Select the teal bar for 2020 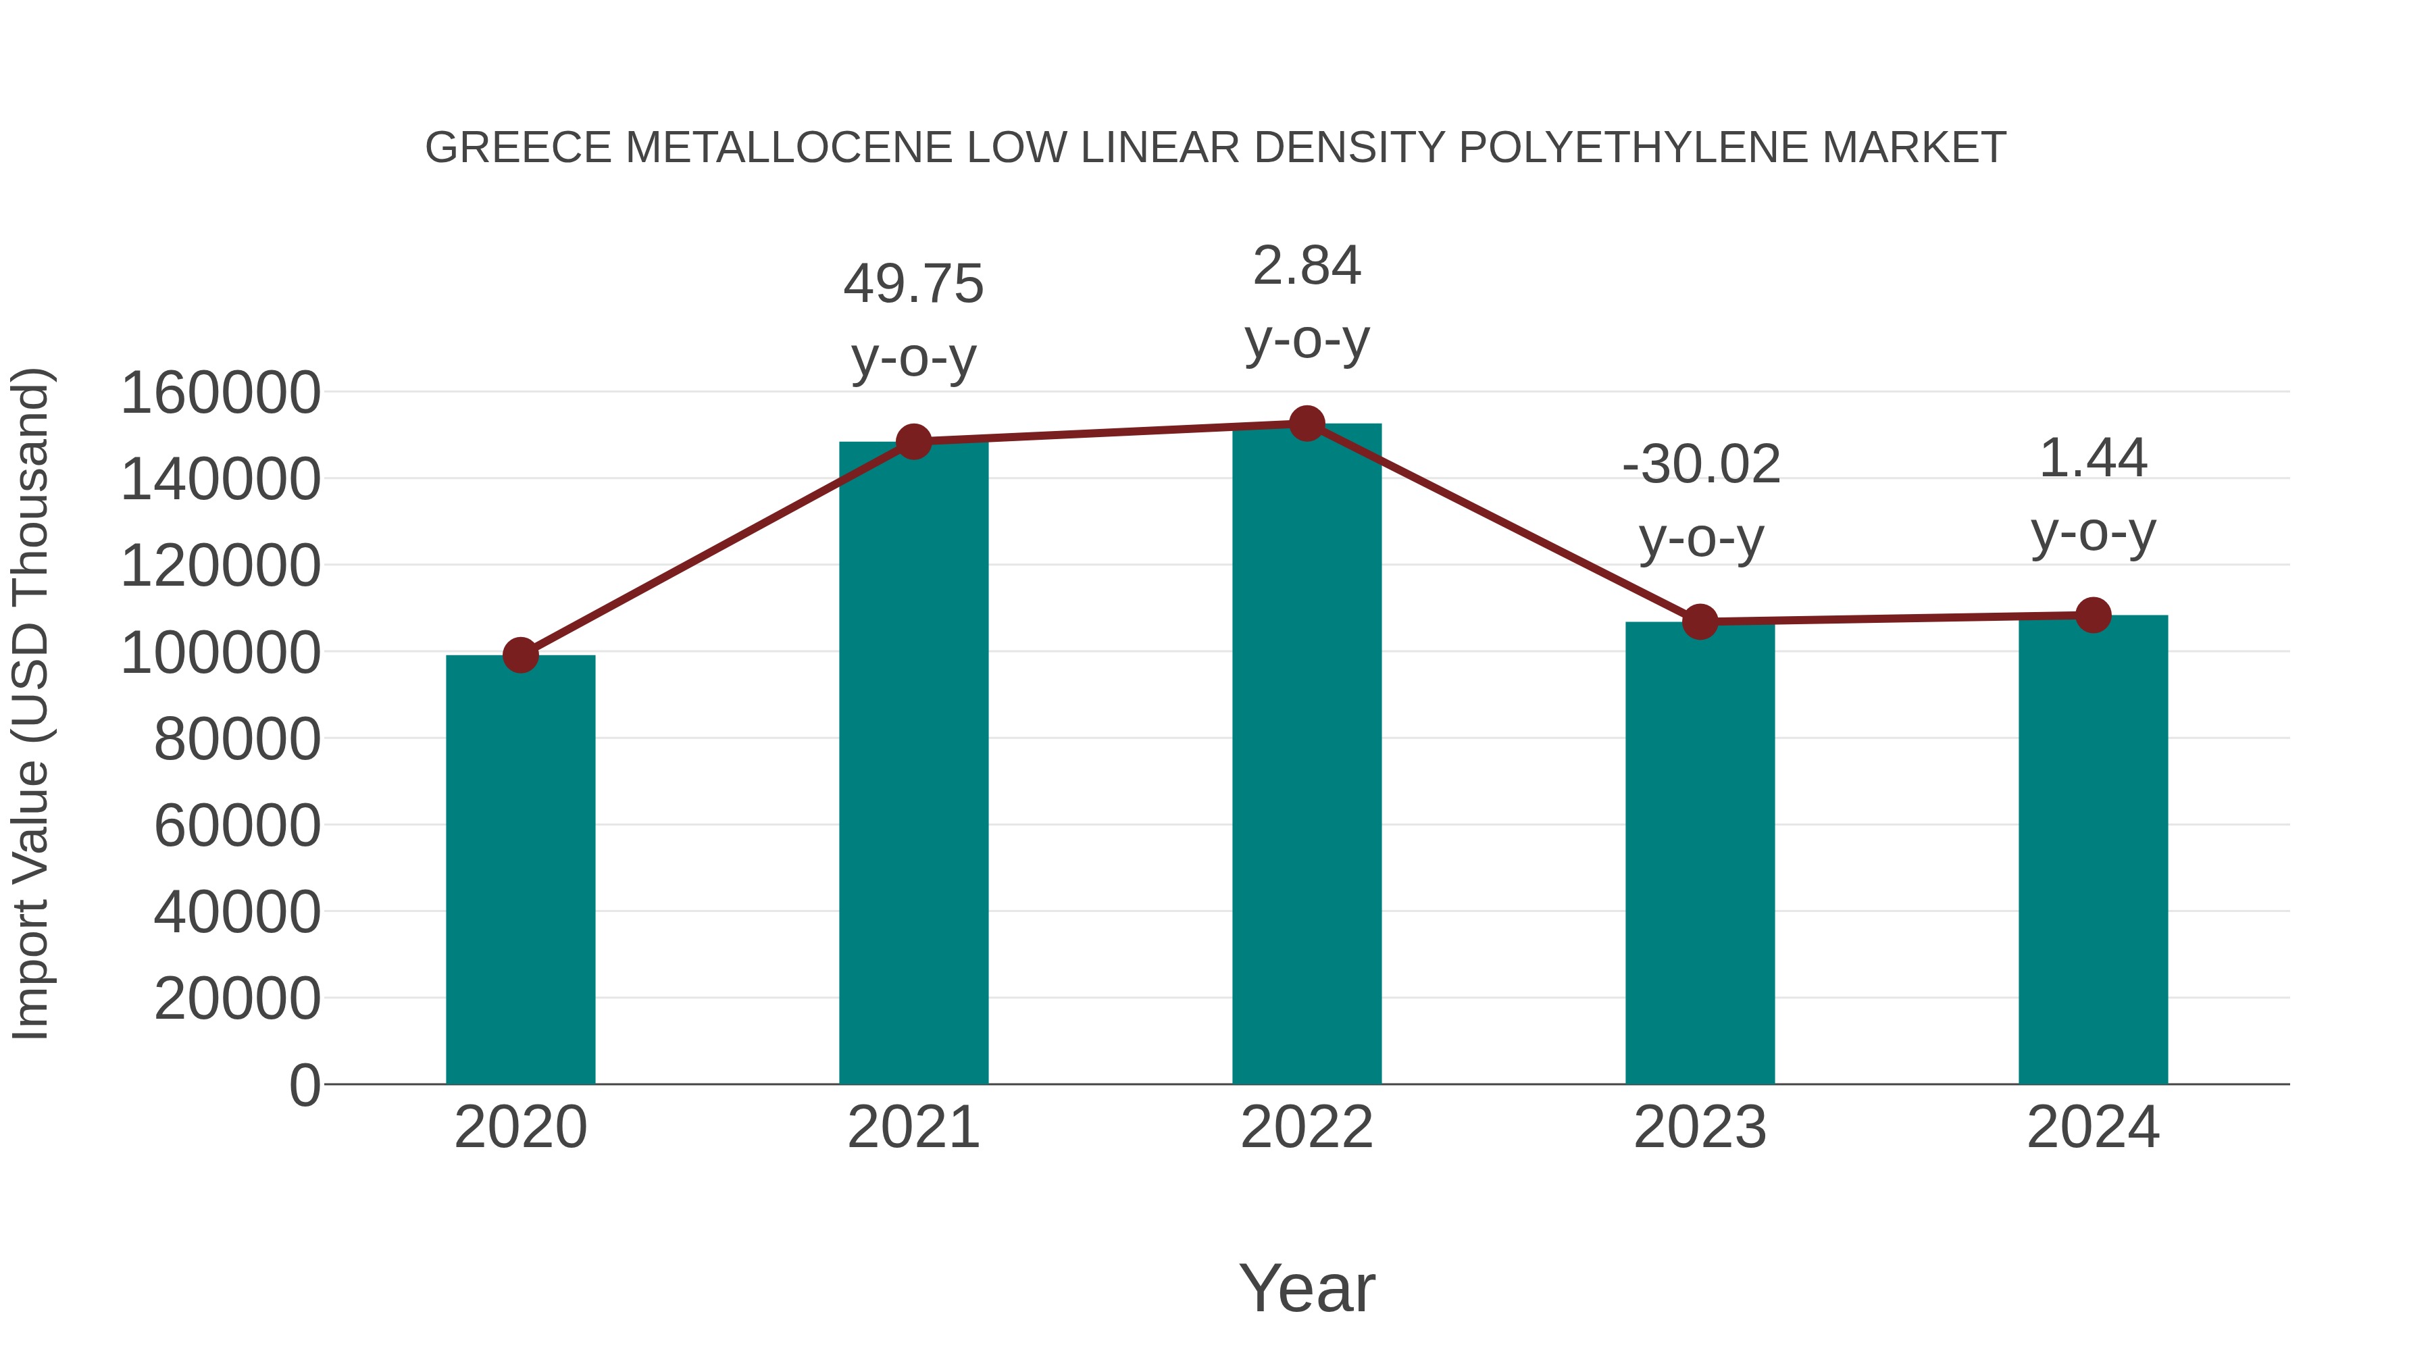(520, 869)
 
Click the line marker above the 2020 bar (520, 654)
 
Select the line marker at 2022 (1307, 424)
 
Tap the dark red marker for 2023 (1700, 622)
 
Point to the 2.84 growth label (1307, 265)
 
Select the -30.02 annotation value (1700, 465)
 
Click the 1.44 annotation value (2093, 459)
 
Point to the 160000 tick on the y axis (221, 392)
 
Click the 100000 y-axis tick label (221, 653)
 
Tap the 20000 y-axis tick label (237, 998)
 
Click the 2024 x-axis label (2093, 1128)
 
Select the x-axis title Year (1307, 1288)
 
